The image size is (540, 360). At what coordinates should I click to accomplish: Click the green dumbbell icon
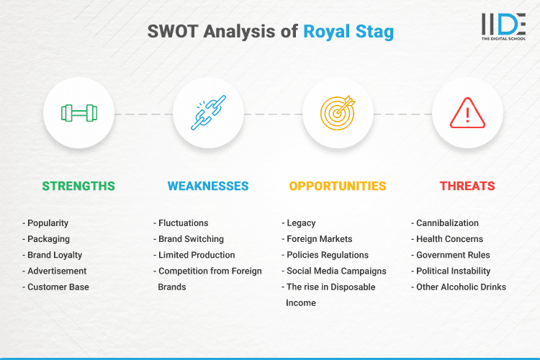pyautogui.click(x=78, y=113)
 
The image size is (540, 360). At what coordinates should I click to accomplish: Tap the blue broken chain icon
pyautogui.click(x=208, y=113)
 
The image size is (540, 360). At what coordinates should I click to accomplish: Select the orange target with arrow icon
pyautogui.click(x=338, y=113)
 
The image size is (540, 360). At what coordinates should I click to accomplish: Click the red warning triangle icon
pyautogui.click(x=467, y=113)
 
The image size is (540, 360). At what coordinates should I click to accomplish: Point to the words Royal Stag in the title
pyautogui.click(x=348, y=32)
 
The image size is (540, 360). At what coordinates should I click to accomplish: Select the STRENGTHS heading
pyautogui.click(x=78, y=186)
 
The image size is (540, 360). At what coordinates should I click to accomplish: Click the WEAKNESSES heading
pyautogui.click(x=208, y=186)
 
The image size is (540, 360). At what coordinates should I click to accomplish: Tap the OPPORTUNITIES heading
pyautogui.click(x=338, y=186)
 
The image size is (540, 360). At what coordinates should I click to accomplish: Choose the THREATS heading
pyautogui.click(x=467, y=186)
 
